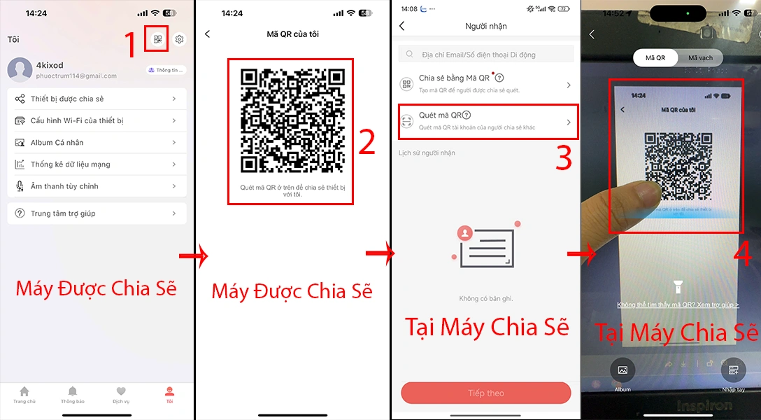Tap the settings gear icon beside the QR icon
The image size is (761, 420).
tap(179, 40)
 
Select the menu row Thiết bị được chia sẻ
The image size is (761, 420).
tap(97, 99)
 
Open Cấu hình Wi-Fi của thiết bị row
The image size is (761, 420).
tap(97, 120)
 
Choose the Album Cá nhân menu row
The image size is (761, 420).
tap(97, 142)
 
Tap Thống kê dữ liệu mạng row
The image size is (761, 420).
tap(97, 164)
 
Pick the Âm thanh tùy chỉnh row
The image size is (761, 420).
tap(97, 186)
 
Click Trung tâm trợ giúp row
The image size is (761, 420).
tap(97, 213)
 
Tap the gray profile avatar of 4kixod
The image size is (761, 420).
tap(20, 70)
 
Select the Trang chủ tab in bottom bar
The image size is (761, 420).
tap(24, 395)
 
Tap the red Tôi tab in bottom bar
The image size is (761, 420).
tap(169, 395)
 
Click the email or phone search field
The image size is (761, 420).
tap(486, 54)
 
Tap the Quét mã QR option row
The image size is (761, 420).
tap(488, 122)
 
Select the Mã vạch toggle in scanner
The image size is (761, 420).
tap(700, 57)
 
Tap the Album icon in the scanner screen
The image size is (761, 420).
tap(623, 370)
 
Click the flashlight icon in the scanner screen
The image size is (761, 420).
tap(677, 285)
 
